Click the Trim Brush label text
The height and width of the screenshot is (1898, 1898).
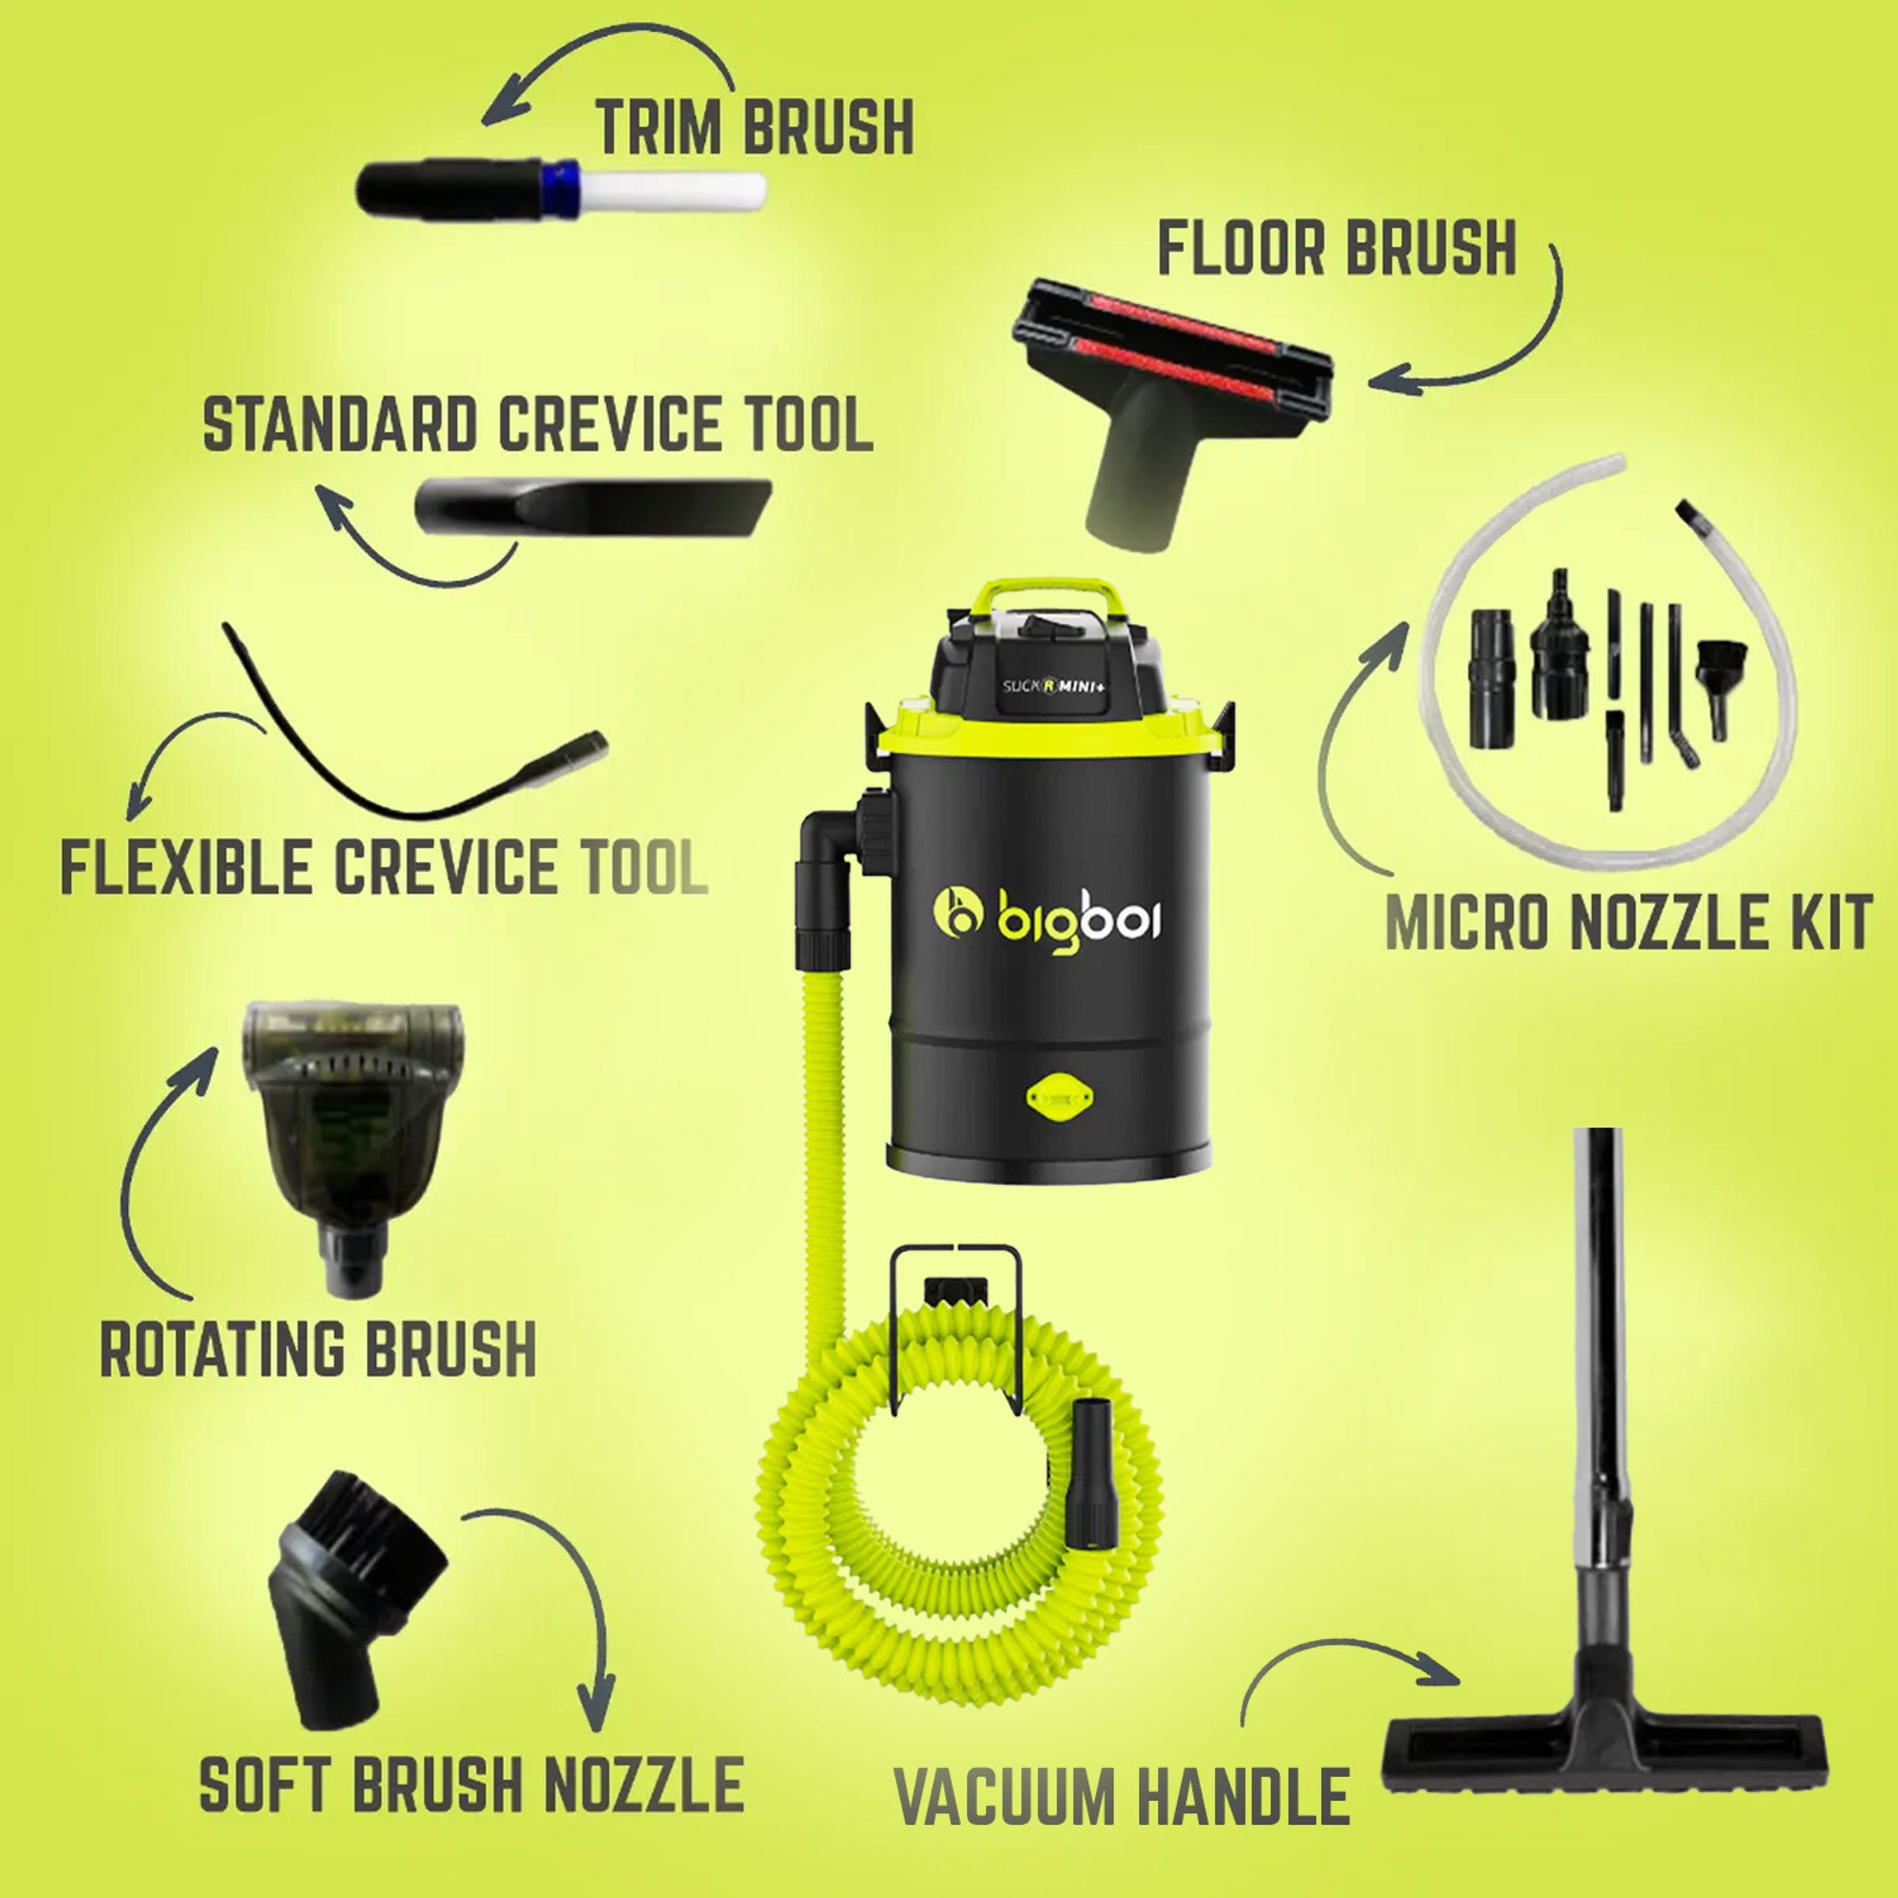tap(755, 126)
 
